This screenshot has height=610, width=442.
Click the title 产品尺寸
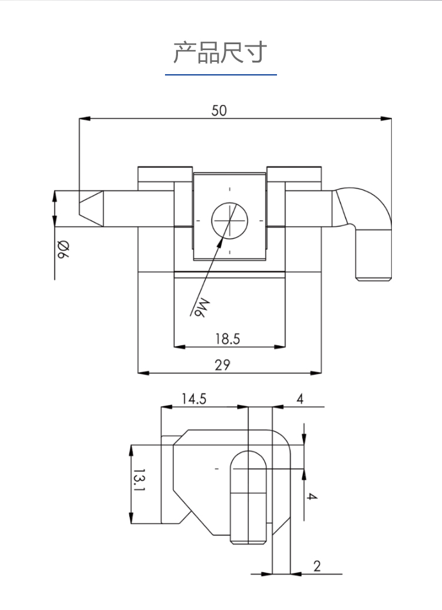[x=220, y=52]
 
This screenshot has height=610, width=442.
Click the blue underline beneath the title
[x=220, y=75]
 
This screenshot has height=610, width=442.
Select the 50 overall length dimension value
[x=219, y=110]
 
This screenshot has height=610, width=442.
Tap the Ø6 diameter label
[x=61, y=250]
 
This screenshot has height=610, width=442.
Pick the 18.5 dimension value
[x=227, y=339]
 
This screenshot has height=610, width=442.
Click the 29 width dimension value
[x=222, y=365]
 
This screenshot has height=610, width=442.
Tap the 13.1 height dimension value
[x=138, y=480]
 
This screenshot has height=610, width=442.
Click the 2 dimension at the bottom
[x=317, y=566]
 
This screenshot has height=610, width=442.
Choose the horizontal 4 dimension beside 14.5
[x=299, y=399]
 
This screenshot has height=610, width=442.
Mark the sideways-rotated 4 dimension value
[x=312, y=496]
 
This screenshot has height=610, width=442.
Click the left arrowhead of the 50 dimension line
[x=83, y=118]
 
